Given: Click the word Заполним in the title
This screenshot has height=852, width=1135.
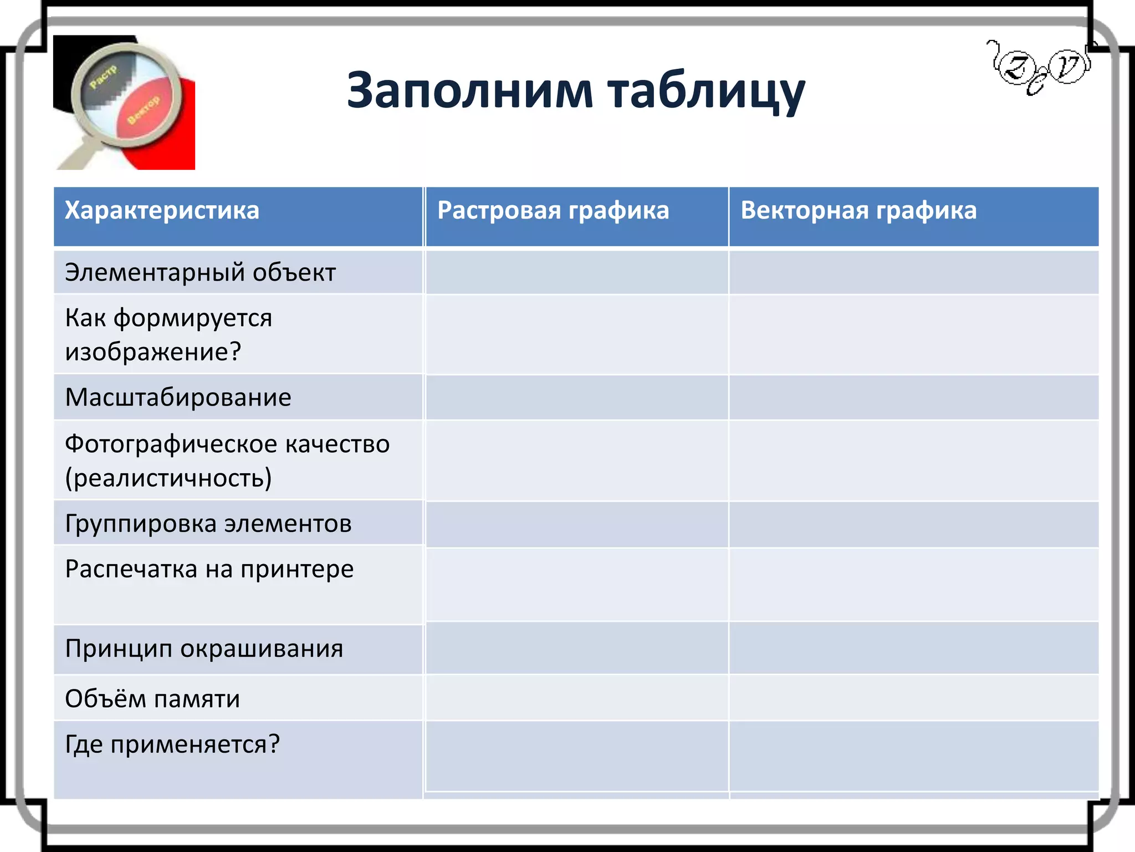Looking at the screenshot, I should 469,90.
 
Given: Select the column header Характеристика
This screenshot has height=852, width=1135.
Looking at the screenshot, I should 162,211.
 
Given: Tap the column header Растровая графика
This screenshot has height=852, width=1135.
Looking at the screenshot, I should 553,211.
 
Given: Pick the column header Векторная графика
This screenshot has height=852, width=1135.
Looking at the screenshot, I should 858,211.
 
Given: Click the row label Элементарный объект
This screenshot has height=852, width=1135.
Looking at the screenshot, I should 200,273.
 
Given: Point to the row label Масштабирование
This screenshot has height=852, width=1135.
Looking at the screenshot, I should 178,398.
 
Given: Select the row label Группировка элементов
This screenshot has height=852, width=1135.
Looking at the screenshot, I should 208,524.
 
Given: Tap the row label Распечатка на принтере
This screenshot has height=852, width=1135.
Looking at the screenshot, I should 209,569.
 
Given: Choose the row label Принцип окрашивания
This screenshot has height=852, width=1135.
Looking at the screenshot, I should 204,648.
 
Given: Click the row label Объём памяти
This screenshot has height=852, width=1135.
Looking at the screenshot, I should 152,699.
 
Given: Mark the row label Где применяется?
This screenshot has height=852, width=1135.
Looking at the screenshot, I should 172,744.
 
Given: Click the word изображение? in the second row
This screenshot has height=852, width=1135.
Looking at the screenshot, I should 153,352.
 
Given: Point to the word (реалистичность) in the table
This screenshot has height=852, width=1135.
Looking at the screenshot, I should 168,478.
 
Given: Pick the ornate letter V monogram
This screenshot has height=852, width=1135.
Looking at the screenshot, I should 1067,67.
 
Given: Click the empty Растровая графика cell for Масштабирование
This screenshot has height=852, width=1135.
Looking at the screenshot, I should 576,398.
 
